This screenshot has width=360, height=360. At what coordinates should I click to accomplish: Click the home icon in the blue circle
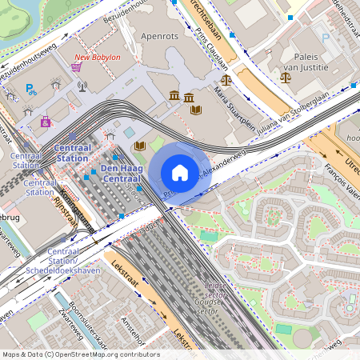(x=180, y=173)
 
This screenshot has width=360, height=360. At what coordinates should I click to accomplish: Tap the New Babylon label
(x=97, y=58)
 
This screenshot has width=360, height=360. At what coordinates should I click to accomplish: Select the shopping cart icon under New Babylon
(x=77, y=67)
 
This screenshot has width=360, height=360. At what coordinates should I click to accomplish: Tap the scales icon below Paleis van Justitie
(x=286, y=78)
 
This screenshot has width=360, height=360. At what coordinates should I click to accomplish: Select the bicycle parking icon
(x=33, y=91)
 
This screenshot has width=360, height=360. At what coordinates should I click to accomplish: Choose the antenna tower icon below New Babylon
(x=82, y=83)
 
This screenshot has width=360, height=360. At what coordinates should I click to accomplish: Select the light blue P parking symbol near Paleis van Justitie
(x=325, y=37)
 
